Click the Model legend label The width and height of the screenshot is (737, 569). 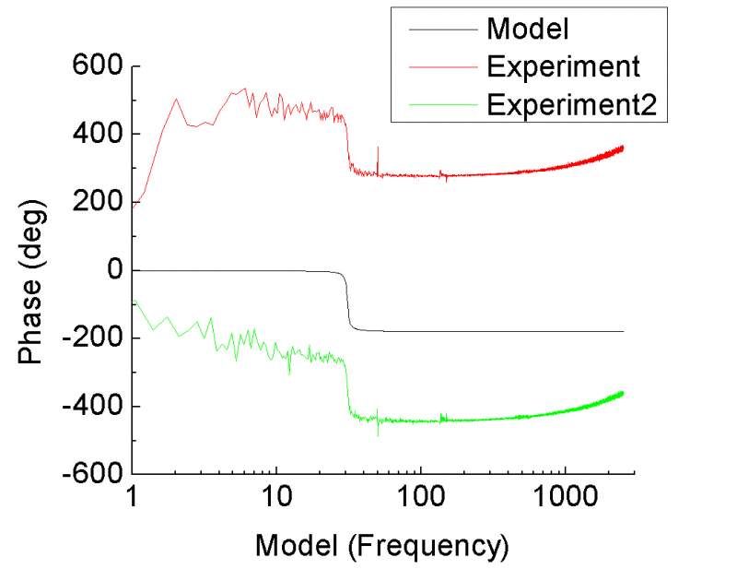[x=528, y=29]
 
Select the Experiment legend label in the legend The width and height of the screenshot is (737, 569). [x=563, y=66]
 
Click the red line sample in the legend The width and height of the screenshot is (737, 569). [x=438, y=66]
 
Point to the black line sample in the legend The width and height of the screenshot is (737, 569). [x=438, y=29]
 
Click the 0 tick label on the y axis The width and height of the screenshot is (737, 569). [x=115, y=270]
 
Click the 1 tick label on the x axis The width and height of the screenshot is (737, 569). [x=133, y=501]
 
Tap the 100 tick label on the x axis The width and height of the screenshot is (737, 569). [x=420, y=501]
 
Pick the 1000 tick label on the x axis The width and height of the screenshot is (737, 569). [x=564, y=501]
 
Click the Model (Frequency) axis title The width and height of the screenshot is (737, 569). [x=381, y=546]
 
